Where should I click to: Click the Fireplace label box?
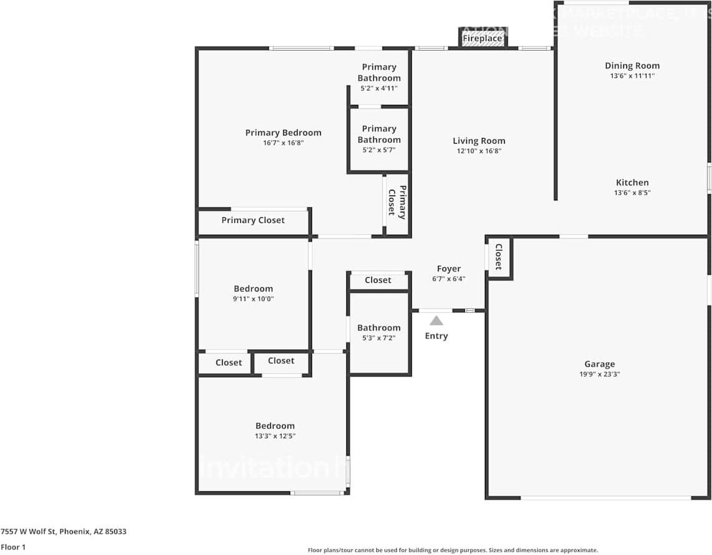click(482, 39)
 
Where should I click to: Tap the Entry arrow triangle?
click(436, 321)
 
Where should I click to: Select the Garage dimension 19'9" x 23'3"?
click(599, 375)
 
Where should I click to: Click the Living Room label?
click(479, 141)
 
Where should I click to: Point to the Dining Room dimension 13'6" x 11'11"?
click(632, 76)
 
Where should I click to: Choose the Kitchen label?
click(632, 183)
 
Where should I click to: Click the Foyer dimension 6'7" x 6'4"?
click(449, 279)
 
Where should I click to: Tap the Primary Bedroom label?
click(283, 132)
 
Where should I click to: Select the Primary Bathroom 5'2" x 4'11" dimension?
click(379, 89)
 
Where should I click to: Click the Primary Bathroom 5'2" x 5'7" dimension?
click(379, 150)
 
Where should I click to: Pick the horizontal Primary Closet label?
click(253, 220)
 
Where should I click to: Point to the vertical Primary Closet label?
click(397, 203)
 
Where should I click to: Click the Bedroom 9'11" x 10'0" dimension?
click(253, 299)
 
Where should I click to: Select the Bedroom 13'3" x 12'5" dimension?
click(275, 436)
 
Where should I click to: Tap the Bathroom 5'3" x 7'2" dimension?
click(379, 338)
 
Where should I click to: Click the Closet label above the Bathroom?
click(378, 280)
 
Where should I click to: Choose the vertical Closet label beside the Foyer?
click(499, 257)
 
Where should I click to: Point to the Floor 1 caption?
click(13, 548)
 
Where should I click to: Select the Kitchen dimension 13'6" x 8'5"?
click(632, 193)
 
